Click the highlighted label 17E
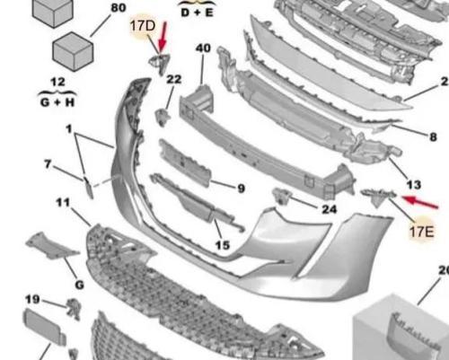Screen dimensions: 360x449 coord(422,232)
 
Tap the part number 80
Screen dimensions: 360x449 coord(119,9)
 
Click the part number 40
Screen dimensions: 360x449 coord(203,48)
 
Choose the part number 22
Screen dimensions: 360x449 coord(173,79)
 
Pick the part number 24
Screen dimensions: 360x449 coord(329,210)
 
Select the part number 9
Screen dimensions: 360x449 coord(241,189)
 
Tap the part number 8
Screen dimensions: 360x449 coord(433,137)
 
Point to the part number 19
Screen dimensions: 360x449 coord(31,299)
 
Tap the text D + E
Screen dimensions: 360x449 coord(198,13)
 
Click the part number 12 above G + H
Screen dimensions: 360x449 coord(57,83)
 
